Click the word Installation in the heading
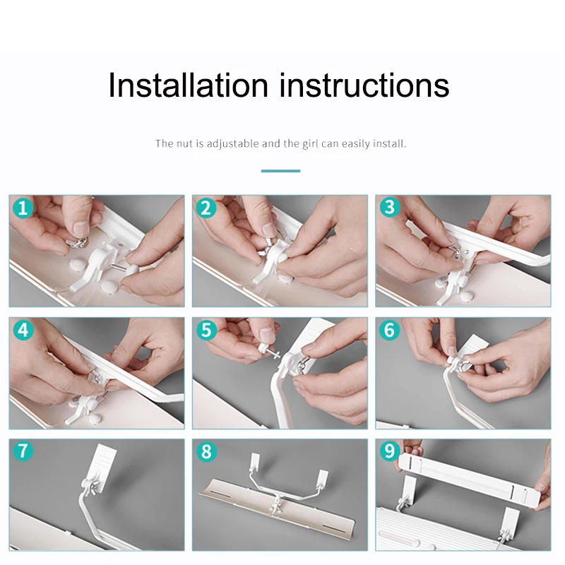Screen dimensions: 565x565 click(x=188, y=85)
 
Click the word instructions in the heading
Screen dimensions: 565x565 click(x=364, y=85)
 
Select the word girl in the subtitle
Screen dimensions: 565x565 click(x=311, y=144)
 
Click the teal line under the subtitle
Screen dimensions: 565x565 click(x=280, y=171)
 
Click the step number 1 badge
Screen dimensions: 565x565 click(x=23, y=208)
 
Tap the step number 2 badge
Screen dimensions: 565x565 click(x=206, y=208)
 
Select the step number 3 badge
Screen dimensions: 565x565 click(x=390, y=208)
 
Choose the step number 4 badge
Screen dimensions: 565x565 click(x=23, y=330)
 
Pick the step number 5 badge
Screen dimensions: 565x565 click(x=206, y=330)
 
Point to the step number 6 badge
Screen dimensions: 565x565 click(x=390, y=330)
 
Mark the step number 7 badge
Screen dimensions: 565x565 click(x=23, y=451)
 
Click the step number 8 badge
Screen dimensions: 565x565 click(x=206, y=451)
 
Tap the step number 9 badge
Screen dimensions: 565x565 click(x=390, y=451)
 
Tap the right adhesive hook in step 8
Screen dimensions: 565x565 click(x=323, y=477)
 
